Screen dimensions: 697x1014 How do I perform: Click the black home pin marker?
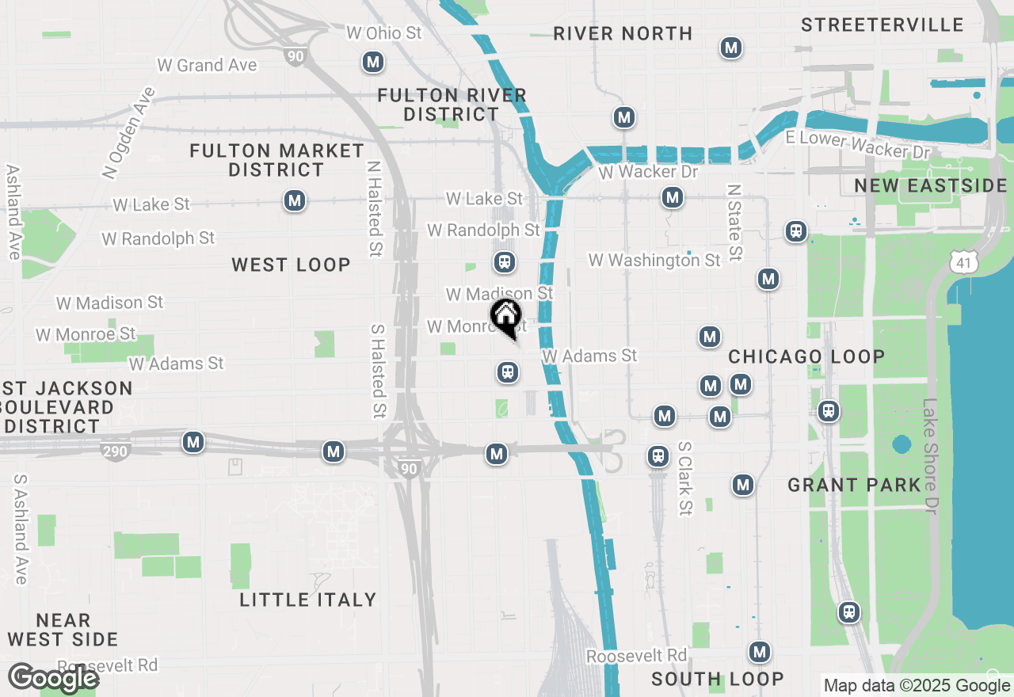point(506,318)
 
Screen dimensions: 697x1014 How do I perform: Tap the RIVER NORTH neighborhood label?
point(623,33)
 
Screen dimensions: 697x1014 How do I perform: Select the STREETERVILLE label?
point(882,25)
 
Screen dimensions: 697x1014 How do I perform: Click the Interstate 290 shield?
point(116,451)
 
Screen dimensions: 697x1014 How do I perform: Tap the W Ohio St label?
point(384,33)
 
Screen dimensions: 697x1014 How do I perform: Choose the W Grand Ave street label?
point(207,65)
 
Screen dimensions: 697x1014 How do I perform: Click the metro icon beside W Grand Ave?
point(372,61)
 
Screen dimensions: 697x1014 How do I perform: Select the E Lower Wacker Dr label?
point(857,145)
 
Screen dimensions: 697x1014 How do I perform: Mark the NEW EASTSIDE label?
point(931,186)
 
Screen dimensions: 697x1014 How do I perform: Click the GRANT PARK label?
point(854,485)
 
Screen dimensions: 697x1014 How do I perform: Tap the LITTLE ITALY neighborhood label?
point(308,600)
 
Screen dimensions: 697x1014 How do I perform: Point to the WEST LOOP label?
point(291,265)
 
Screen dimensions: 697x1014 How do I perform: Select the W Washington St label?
point(654,260)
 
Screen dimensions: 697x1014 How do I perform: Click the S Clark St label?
point(685,478)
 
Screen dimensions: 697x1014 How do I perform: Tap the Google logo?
point(53,679)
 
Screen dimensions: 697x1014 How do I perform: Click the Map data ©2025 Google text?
point(917,686)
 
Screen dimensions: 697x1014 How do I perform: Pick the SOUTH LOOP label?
point(718,679)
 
